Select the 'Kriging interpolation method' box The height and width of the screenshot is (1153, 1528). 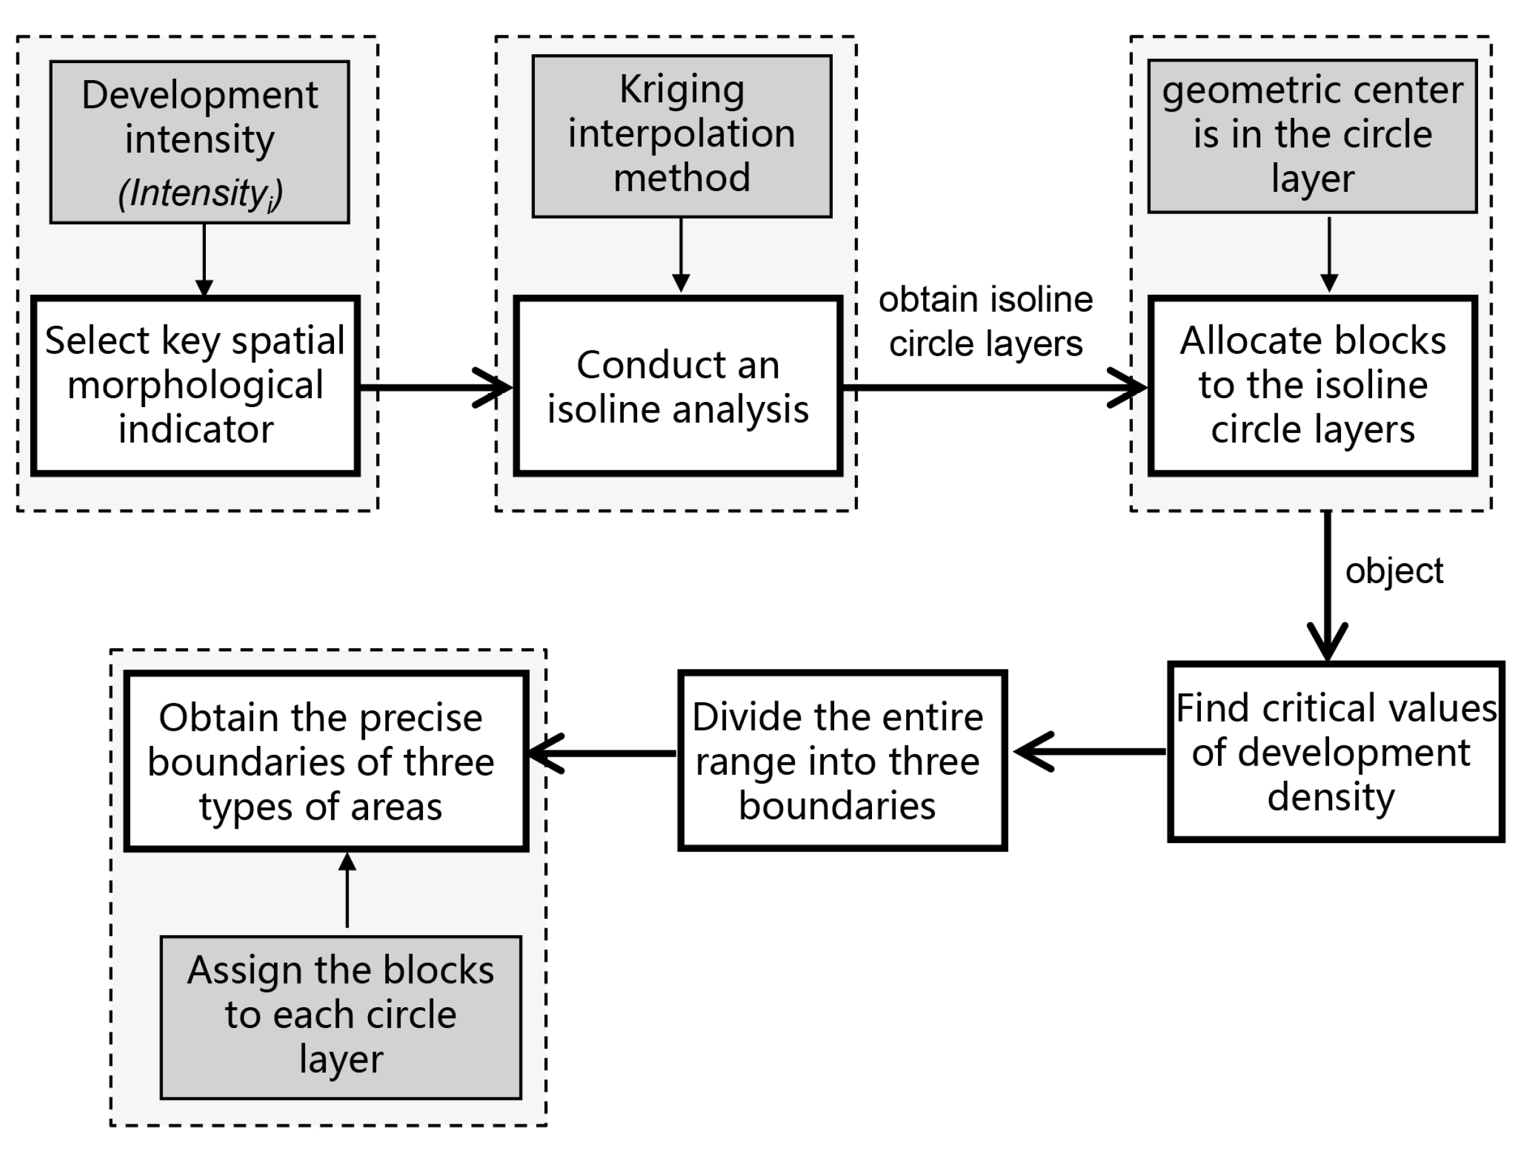click(x=681, y=136)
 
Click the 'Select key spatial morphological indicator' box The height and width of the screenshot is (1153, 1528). click(x=196, y=385)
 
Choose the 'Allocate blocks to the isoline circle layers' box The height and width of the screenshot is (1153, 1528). click(x=1312, y=385)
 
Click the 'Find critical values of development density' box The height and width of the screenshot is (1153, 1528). click(x=1335, y=752)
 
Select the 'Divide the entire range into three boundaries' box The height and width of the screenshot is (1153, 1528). click(x=842, y=760)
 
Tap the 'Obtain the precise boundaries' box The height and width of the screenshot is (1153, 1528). click(x=326, y=761)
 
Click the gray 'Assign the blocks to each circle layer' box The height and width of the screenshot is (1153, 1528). click(x=340, y=1016)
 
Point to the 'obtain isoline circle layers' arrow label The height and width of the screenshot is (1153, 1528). click(x=985, y=322)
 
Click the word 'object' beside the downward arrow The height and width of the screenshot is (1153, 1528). click(x=1394, y=571)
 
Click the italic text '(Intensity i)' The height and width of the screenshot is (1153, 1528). click(x=200, y=193)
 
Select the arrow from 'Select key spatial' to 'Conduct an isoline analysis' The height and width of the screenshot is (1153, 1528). click(x=435, y=387)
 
